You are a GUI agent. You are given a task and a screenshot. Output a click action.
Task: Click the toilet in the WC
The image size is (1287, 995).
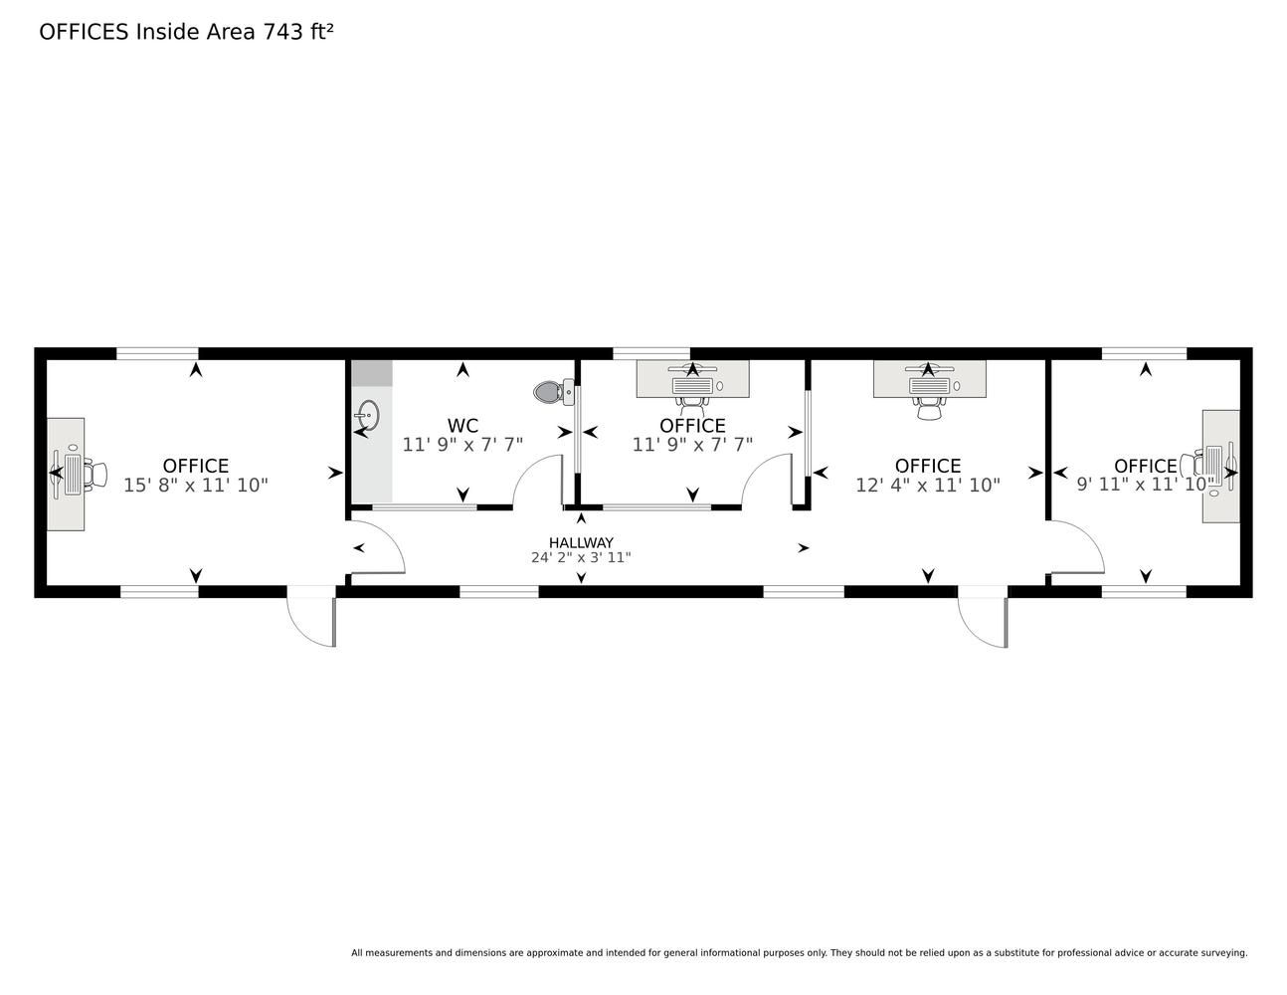553,391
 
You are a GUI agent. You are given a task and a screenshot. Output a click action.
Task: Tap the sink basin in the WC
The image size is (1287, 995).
368,415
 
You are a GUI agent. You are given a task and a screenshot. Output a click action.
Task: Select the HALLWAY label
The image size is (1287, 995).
581,542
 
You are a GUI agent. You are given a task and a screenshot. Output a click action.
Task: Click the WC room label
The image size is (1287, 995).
462,425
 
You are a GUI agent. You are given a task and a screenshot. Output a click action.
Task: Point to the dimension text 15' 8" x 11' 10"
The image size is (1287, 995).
196,486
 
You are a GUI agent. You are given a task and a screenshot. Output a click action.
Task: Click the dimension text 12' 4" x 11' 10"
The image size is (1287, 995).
928,486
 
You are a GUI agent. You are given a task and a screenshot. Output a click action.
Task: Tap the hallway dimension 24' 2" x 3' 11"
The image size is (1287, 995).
581,557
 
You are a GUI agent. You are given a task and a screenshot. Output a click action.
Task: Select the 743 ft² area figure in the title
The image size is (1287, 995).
298,32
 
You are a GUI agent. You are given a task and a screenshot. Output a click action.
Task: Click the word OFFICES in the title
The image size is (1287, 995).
84,32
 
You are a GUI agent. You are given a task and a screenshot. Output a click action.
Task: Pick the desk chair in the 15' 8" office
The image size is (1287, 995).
94,474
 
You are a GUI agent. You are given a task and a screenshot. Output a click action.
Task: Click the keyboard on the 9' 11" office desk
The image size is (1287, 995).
1213,466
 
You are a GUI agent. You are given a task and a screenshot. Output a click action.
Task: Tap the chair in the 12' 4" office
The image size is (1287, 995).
929,408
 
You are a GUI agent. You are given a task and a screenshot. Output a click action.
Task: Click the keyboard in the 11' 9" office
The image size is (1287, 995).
692,386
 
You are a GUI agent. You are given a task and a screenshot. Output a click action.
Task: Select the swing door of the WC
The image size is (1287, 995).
538,481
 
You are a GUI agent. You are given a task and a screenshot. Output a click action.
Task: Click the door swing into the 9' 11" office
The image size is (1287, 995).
1077,546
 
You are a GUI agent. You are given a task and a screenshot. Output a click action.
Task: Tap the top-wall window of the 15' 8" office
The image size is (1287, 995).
157,353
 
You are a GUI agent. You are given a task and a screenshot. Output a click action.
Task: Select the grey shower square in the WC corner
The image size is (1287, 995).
372,373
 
